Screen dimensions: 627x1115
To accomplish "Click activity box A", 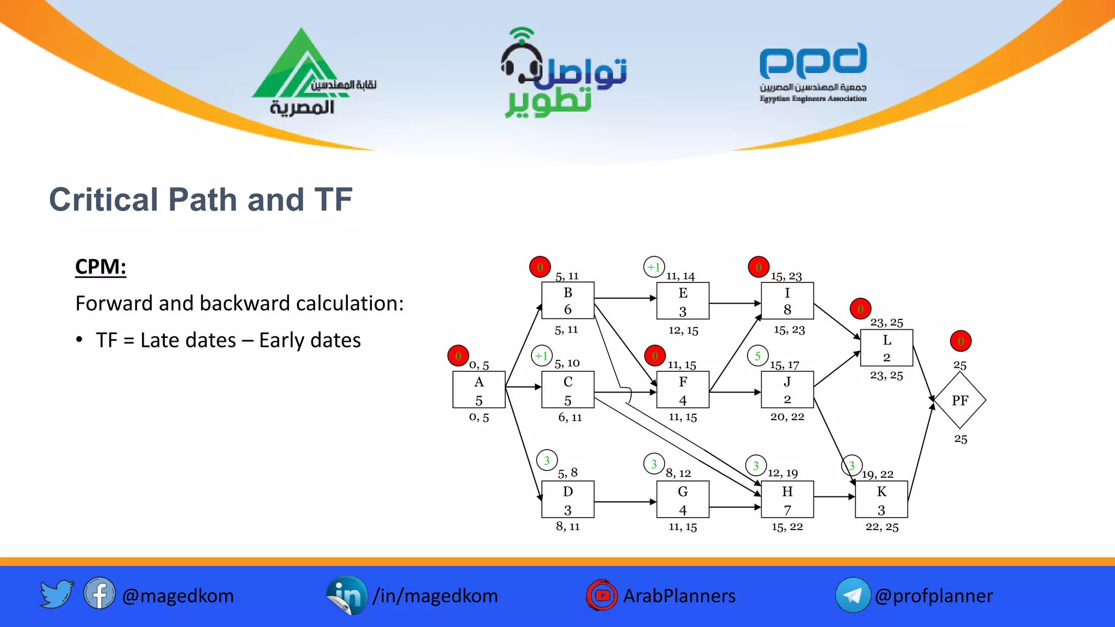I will coord(479,390).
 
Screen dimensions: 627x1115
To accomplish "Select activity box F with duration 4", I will coord(683,390).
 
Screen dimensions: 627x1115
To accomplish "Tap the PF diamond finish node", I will coord(960,401).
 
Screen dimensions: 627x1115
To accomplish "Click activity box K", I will coord(881,499).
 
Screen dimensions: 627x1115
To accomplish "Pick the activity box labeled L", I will coord(886,348).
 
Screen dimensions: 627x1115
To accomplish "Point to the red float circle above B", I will coord(540,267).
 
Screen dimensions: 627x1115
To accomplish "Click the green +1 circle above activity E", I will coord(654,267).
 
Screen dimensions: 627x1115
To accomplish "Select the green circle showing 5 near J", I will coord(757,356).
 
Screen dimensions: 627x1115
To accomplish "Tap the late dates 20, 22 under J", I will coord(787,417).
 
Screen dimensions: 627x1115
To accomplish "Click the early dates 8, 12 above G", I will coord(678,474).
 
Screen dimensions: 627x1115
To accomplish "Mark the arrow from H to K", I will coord(835,496).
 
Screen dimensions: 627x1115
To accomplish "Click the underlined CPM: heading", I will coord(101,267).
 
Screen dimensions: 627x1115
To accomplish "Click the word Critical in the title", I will coord(103,199).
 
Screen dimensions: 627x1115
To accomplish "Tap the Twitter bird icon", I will coord(57,594).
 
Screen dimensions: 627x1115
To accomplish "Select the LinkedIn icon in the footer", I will coord(347,595).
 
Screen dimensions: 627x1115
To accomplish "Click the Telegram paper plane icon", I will coord(852,595).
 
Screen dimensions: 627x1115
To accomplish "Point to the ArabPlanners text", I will coord(679,596).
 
